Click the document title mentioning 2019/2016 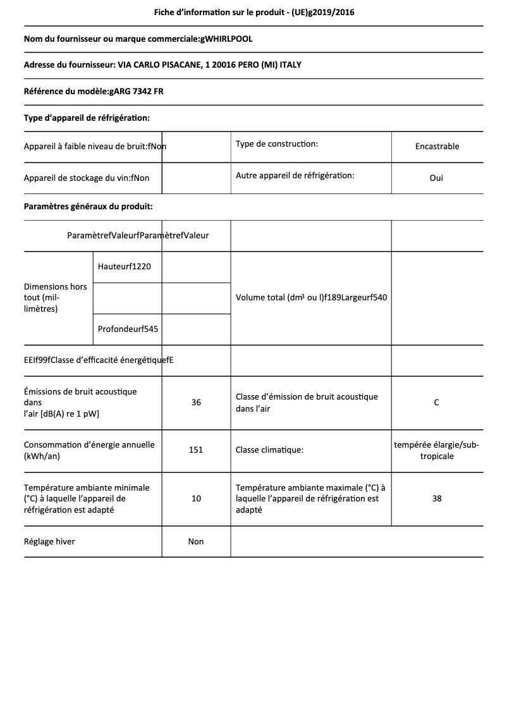(x=253, y=12)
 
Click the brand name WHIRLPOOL (x=227, y=39)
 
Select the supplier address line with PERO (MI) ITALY (x=167, y=65)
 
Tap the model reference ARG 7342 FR (x=136, y=92)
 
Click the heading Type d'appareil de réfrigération (x=87, y=118)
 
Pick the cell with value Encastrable (x=437, y=146)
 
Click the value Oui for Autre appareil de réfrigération (x=436, y=178)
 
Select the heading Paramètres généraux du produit (x=88, y=206)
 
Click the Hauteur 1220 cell (x=125, y=266)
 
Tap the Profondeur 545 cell (x=128, y=329)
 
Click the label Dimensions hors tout (x=56, y=297)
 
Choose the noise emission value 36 (x=196, y=402)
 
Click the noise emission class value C (x=436, y=402)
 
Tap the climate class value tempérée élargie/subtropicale (x=436, y=450)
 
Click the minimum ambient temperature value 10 (x=196, y=498)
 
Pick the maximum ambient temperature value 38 (x=436, y=498)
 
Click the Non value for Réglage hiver (x=196, y=541)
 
